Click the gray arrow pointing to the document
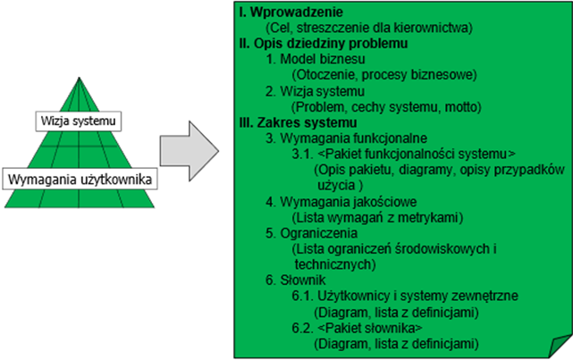[190, 151]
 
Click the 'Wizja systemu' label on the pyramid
[78, 121]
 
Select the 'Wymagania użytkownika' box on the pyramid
[80, 179]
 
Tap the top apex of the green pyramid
[79, 78]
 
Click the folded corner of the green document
[560, 346]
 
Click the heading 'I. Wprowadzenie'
[291, 12]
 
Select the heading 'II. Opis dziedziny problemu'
[324, 44]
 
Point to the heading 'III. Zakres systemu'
[298, 122]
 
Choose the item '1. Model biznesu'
[316, 59]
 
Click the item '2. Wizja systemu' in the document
[315, 91]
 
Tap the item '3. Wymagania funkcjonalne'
[347, 138]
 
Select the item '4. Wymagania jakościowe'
[341, 202]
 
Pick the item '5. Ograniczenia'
[312, 233]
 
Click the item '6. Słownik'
[296, 280]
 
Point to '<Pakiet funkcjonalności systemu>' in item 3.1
[417, 154]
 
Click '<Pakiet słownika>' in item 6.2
[370, 328]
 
